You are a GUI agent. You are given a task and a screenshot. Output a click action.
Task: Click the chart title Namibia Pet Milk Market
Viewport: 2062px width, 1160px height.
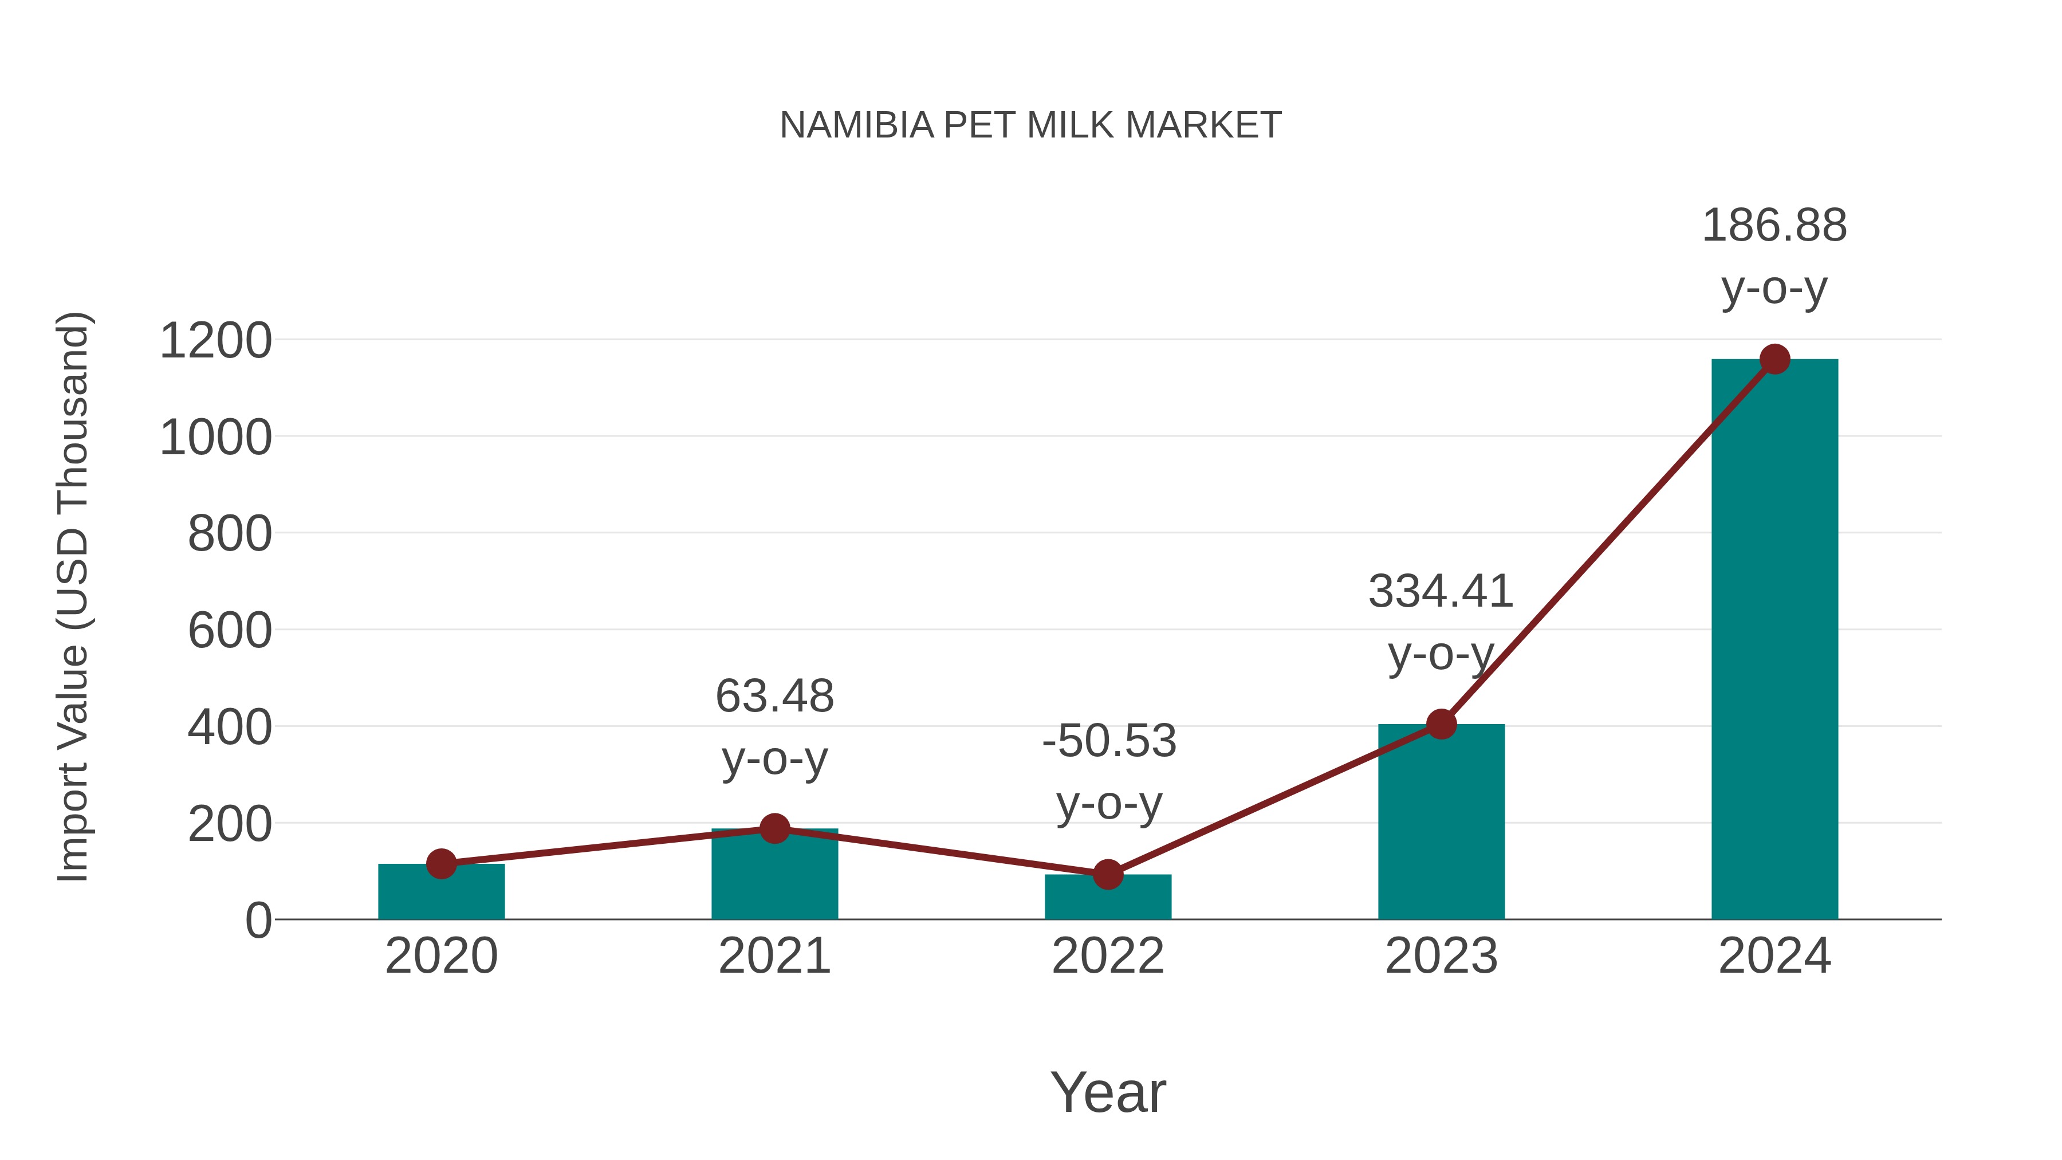[1030, 125]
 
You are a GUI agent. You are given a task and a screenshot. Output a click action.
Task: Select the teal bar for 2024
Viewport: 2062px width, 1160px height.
[1774, 640]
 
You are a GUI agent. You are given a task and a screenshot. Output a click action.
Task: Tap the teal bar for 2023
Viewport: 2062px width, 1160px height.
[1441, 824]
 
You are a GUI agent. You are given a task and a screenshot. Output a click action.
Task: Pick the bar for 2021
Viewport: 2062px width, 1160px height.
[774, 876]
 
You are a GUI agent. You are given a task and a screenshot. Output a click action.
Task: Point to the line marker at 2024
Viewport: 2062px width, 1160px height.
[1774, 359]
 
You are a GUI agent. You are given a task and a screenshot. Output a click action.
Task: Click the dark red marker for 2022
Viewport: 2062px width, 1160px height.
[1108, 875]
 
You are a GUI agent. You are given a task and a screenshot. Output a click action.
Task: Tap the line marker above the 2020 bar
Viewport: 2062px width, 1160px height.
[441, 864]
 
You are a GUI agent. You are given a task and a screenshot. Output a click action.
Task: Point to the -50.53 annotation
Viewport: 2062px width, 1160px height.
[1109, 771]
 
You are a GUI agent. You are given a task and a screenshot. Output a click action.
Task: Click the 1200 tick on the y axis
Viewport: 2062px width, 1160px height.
[215, 341]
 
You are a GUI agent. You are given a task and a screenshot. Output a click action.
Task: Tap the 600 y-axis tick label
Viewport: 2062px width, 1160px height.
[230, 631]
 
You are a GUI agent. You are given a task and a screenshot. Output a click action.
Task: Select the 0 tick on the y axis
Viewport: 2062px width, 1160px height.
[258, 921]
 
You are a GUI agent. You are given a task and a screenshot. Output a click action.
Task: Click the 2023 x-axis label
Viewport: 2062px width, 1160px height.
[1441, 956]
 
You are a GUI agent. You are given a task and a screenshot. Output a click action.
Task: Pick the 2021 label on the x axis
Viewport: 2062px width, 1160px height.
[774, 956]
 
